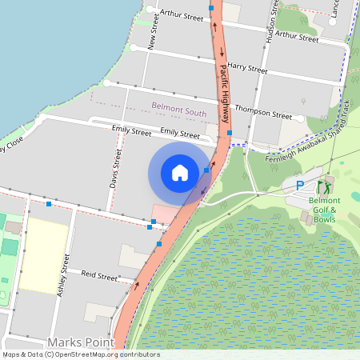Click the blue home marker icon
click(180, 173)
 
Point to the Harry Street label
click(246, 70)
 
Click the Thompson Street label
click(263, 114)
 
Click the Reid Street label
click(101, 276)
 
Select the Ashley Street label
click(62, 275)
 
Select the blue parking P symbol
click(301, 186)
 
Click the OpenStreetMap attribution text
click(80, 354)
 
